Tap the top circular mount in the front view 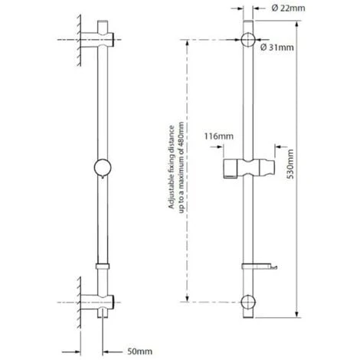click(249, 41)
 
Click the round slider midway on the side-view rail click(101, 165)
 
